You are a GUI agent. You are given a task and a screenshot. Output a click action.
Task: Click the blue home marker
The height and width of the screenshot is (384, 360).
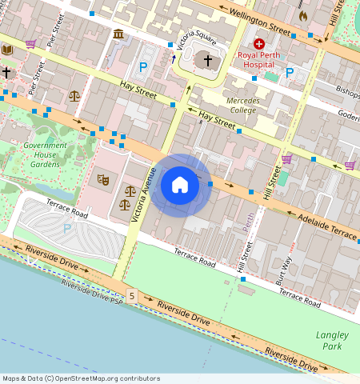180,186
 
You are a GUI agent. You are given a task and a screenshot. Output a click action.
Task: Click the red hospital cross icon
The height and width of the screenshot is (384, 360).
258,42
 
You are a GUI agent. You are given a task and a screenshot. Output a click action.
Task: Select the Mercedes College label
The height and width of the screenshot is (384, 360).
242,105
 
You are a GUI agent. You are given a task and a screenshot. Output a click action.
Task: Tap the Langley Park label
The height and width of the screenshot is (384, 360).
328,340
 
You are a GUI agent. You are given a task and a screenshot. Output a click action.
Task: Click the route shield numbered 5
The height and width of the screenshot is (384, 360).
131,296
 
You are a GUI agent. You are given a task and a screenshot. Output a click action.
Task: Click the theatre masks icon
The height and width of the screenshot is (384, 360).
102,180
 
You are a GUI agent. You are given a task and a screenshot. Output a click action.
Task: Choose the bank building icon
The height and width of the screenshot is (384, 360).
118,34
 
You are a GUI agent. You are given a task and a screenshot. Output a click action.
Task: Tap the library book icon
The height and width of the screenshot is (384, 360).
7,50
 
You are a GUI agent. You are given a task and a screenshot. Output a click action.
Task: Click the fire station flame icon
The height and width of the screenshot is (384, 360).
302,15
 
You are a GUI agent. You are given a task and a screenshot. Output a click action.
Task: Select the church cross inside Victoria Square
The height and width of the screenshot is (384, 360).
208,60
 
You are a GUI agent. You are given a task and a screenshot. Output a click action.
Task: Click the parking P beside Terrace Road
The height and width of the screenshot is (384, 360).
66,228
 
